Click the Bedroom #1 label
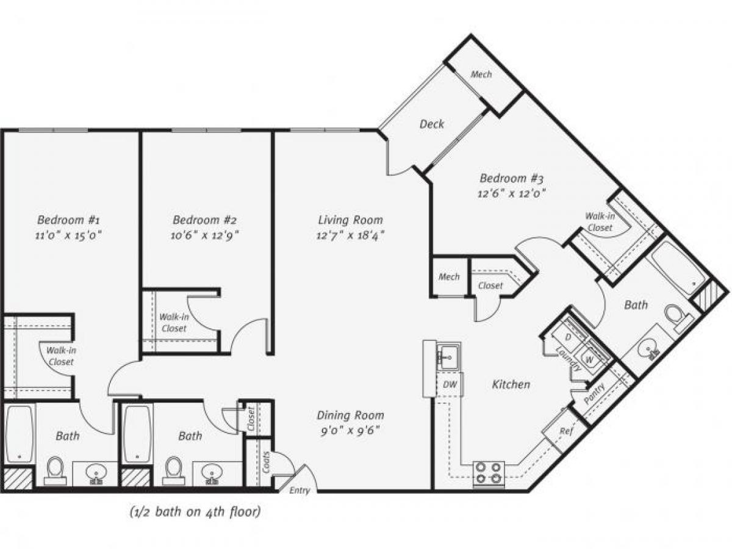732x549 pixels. tap(64, 220)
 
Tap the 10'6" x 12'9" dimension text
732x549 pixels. tap(204, 234)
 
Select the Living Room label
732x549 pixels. tap(351, 220)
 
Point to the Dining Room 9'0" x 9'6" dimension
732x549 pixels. tap(351, 430)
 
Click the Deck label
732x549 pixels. tap(431, 124)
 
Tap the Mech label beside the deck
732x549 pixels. tap(481, 74)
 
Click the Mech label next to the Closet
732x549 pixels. tap(449, 277)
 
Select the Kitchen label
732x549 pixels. tap(511, 384)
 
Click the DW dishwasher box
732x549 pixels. tap(450, 384)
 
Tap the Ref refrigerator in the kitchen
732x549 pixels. tap(565, 431)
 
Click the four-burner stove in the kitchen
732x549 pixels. tap(489, 473)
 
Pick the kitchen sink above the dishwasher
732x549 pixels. tap(448, 356)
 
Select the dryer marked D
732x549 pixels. tap(567, 337)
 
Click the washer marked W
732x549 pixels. tap(590, 359)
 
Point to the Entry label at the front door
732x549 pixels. tap(300, 490)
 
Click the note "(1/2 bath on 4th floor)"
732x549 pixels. tap(195, 512)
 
